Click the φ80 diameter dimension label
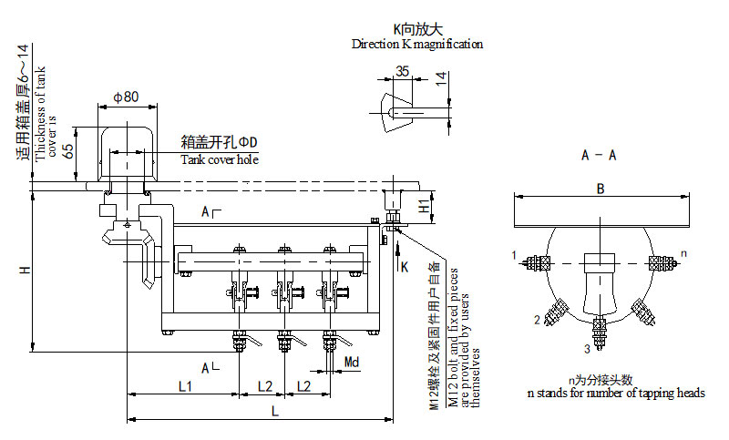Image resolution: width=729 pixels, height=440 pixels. click(126, 97)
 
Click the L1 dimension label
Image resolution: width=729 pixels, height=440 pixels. click(184, 387)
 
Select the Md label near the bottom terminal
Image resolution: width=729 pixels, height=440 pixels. click(352, 363)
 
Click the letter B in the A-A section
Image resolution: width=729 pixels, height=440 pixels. click(600, 189)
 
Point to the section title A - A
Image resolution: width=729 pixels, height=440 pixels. click(599, 155)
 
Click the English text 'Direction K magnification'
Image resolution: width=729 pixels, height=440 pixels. click(417, 44)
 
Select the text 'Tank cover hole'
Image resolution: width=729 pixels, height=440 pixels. click(219, 160)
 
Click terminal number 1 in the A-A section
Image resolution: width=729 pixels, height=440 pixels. click(514, 253)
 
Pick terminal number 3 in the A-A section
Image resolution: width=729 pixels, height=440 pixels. click(587, 348)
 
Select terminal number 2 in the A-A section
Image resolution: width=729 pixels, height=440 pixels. click(537, 319)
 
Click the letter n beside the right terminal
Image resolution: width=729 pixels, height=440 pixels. click(683, 251)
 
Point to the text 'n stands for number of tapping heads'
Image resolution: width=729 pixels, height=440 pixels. click(616, 393)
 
